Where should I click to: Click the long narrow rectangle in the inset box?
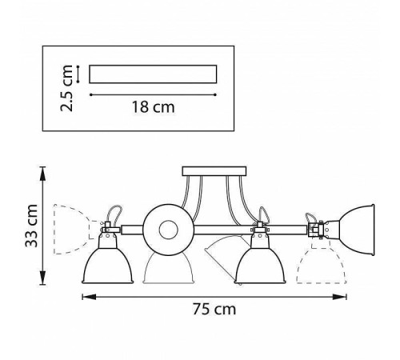click(153, 74)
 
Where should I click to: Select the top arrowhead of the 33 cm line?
click(45, 170)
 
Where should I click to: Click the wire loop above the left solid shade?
click(114, 214)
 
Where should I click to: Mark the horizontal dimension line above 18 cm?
click(153, 94)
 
